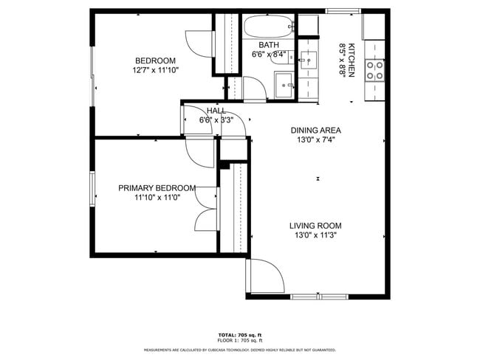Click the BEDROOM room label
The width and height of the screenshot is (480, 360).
(x=155, y=60)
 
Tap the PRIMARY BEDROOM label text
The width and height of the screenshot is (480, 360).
(x=157, y=188)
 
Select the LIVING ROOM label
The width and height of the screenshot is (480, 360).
(x=315, y=226)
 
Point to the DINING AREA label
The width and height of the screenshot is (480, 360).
(x=315, y=130)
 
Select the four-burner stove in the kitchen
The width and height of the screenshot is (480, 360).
(x=375, y=70)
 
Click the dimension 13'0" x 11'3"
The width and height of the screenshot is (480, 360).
(x=315, y=236)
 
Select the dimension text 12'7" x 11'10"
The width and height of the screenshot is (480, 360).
(x=155, y=71)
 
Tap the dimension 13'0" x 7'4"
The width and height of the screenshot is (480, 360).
(x=315, y=140)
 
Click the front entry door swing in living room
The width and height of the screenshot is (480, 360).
(x=266, y=277)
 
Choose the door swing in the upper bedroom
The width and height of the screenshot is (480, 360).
(x=198, y=44)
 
